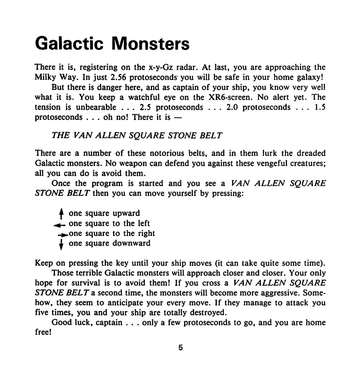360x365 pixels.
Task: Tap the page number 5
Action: coord(180,348)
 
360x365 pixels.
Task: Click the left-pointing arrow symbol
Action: coord(60,224)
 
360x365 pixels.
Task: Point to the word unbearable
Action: coord(96,107)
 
